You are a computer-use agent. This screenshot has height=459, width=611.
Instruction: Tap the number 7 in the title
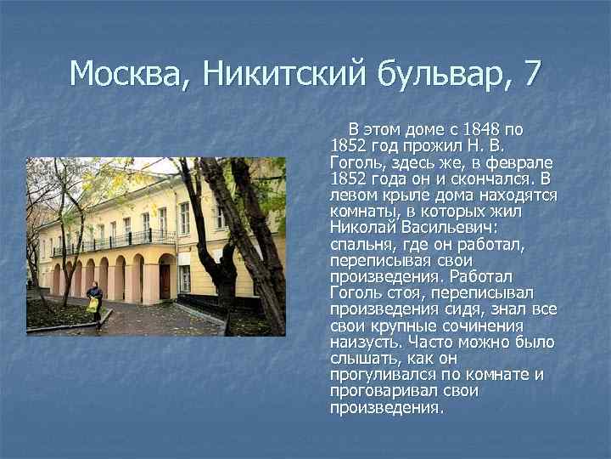(x=531, y=74)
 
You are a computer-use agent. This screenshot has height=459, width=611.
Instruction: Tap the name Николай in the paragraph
(x=360, y=228)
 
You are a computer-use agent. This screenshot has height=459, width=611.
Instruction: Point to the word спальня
(x=362, y=245)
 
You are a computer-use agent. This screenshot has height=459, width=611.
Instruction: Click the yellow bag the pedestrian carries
(x=92, y=304)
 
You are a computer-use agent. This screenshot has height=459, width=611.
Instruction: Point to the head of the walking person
(x=94, y=286)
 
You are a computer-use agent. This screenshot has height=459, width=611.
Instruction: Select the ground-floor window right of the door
(x=184, y=279)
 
